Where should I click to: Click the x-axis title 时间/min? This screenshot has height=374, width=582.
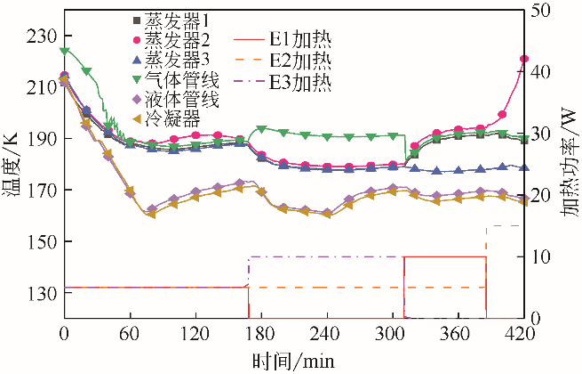[292, 360]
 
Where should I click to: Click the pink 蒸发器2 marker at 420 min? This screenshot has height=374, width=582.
[524, 59]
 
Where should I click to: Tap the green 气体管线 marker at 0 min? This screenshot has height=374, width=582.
[64, 52]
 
